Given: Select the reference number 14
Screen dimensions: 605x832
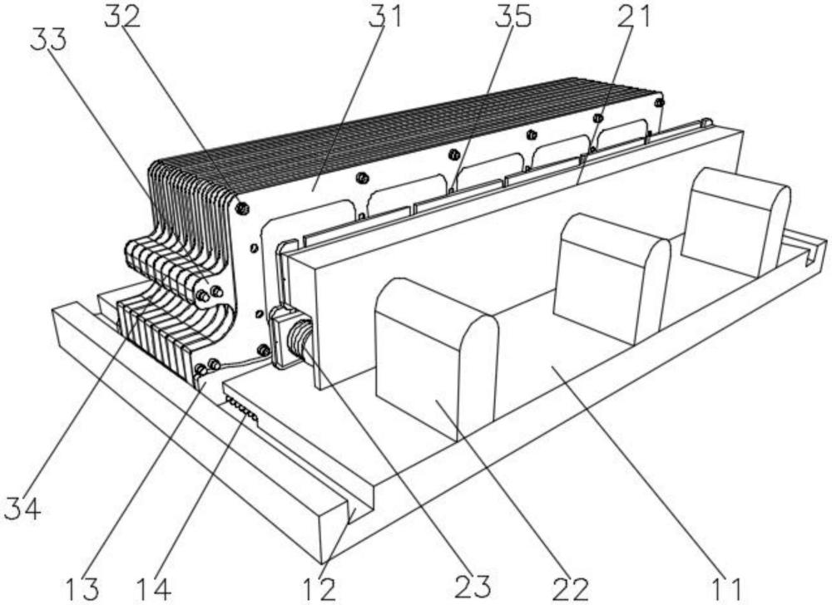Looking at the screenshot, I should pos(156,588).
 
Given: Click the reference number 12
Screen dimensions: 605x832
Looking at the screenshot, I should pos(319,588).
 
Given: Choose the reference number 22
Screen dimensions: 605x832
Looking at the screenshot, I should pos(571,588).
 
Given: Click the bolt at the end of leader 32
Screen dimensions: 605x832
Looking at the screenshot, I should pos(241,206).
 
